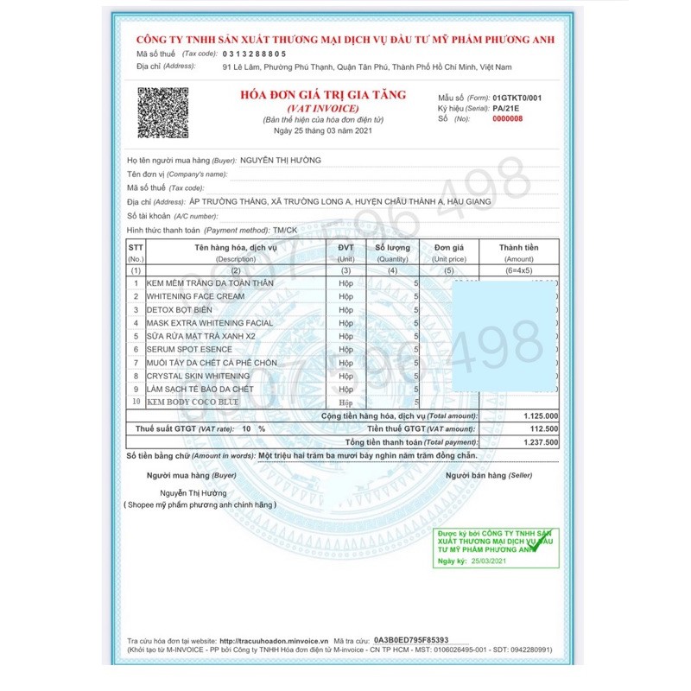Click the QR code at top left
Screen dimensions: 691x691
163,113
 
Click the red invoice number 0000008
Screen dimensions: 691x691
507,119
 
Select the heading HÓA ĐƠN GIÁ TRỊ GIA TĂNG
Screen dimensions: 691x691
322,94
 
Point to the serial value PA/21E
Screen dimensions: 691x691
506,110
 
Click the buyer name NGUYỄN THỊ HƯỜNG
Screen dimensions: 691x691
280,161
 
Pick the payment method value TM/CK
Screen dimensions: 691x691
284,231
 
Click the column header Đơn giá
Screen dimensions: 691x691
449,248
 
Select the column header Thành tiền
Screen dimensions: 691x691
518,248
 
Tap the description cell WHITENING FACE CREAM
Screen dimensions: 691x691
196,296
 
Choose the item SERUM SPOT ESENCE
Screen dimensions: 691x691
189,349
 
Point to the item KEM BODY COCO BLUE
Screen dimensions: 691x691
193,403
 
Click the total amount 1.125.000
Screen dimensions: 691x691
541,416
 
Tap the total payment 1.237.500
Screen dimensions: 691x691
541,442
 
